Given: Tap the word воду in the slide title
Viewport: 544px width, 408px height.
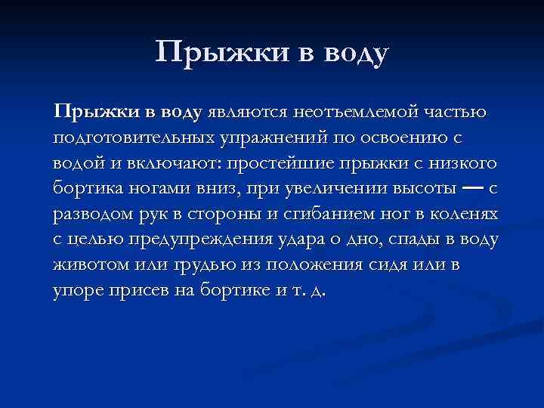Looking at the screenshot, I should tap(351, 54).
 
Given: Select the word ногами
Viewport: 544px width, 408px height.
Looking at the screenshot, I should tap(168, 189).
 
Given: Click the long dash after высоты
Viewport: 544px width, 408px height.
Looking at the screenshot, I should tap(472, 187).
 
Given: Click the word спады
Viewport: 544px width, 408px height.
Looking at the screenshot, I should tap(417, 240).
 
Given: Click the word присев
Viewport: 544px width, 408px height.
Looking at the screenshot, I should tap(131, 291).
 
